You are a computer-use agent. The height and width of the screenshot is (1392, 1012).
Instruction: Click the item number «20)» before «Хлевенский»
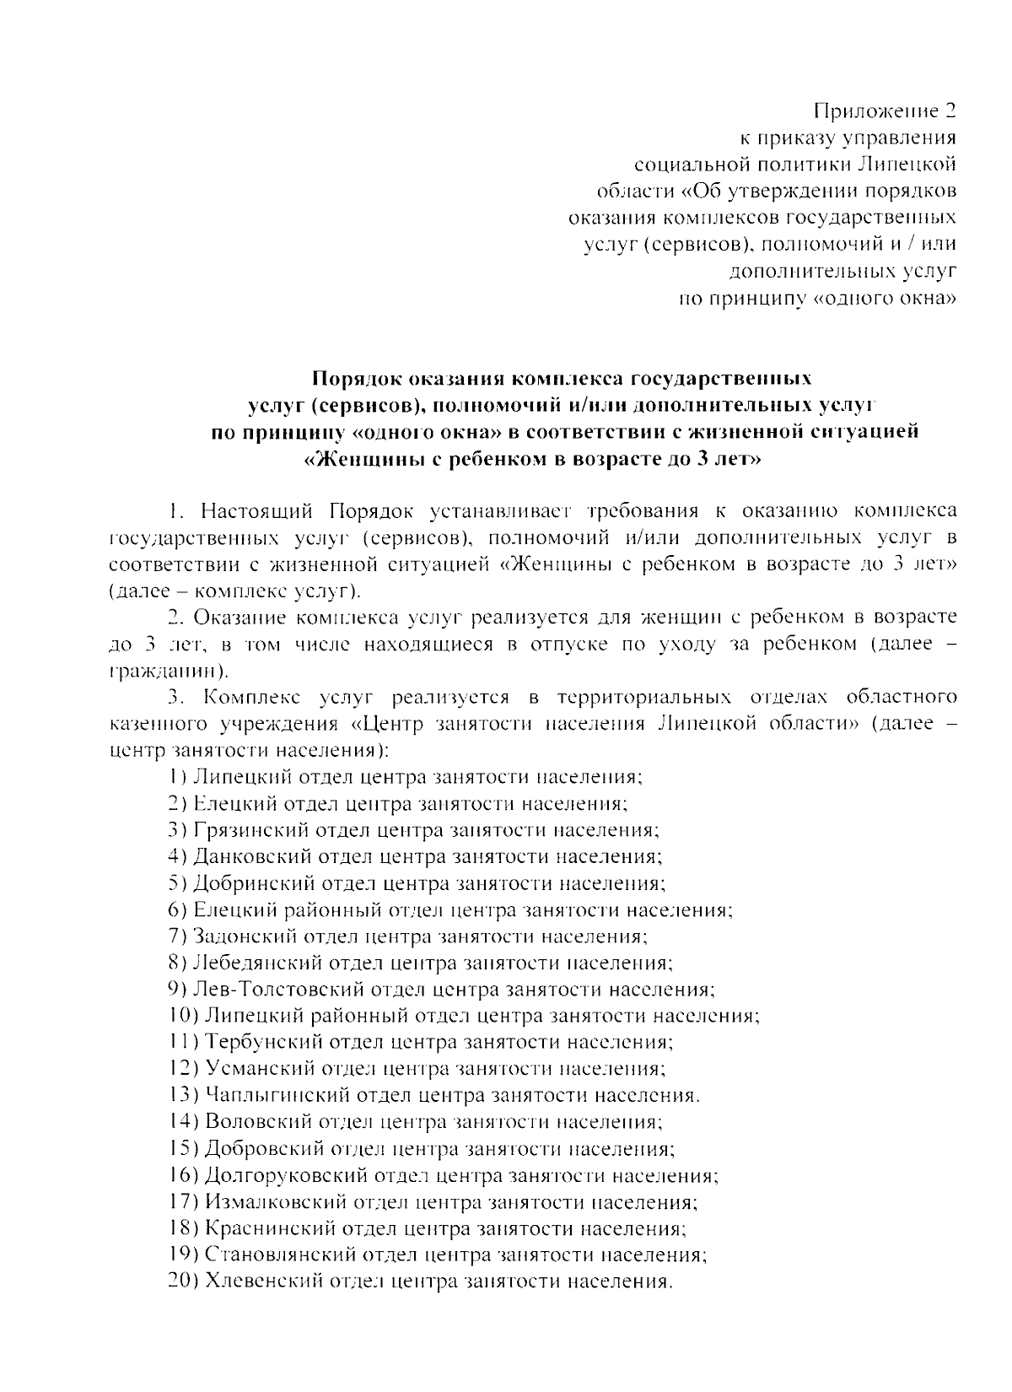click(x=183, y=1281)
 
